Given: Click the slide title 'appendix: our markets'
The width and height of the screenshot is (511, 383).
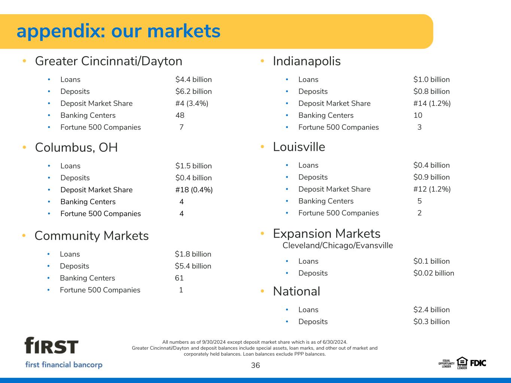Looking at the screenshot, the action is pyautogui.click(x=119, y=31).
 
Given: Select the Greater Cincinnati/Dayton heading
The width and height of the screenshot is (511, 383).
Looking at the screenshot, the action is pyautogui.click(x=109, y=61).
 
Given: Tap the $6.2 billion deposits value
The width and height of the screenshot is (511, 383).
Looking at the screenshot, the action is pyautogui.click(x=194, y=91).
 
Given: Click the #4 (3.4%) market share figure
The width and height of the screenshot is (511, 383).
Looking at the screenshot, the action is pyautogui.click(x=192, y=104).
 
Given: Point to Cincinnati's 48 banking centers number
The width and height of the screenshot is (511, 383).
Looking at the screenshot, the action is pyautogui.click(x=180, y=115).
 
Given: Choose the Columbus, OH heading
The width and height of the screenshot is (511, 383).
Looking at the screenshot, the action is pyautogui.click(x=76, y=147).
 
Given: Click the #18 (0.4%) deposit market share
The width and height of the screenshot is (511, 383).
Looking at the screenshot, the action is pyautogui.click(x=194, y=190).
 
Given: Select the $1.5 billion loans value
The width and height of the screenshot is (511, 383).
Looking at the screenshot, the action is pyautogui.click(x=194, y=166).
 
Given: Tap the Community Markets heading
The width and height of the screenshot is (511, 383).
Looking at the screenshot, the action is pyautogui.click(x=92, y=236).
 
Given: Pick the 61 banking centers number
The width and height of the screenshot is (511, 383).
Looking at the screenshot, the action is pyautogui.click(x=179, y=278).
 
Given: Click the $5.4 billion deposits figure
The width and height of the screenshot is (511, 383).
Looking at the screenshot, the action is pyautogui.click(x=193, y=266).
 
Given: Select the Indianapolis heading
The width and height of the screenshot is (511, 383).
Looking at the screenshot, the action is pyautogui.click(x=307, y=61).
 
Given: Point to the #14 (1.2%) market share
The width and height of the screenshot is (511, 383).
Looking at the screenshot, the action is pyautogui.click(x=432, y=104).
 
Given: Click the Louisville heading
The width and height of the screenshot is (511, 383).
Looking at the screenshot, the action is pyautogui.click(x=299, y=147).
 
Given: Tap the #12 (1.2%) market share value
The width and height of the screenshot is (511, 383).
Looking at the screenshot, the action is pyautogui.click(x=432, y=189).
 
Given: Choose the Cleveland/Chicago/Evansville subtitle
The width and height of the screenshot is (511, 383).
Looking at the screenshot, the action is pyautogui.click(x=338, y=246).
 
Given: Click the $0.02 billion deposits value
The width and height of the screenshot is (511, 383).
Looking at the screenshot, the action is pyautogui.click(x=434, y=273).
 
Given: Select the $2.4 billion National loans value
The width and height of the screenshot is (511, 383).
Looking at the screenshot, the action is pyautogui.click(x=432, y=310).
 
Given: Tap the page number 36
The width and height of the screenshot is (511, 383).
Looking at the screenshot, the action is pyautogui.click(x=255, y=365).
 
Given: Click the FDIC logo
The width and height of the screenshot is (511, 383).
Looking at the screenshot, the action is pyautogui.click(x=478, y=363).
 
